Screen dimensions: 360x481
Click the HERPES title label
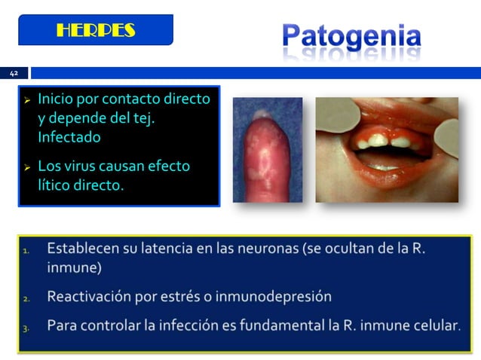pos(96,30)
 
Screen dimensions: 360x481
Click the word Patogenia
pos(352,35)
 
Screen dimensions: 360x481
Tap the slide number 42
pos(13,73)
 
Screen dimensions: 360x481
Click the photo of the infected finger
pos(267,150)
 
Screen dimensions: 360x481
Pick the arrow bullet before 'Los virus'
pos(27,166)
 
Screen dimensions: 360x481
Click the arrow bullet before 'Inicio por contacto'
pos(27,99)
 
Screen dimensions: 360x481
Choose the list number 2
pos(26,298)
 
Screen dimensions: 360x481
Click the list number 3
pos(26,328)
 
